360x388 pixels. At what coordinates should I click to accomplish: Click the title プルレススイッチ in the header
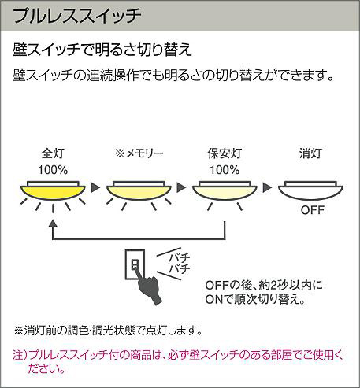tap(77, 16)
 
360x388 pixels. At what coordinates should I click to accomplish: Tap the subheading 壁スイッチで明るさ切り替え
tap(102, 50)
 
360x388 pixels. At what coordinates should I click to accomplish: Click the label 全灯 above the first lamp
tap(53, 153)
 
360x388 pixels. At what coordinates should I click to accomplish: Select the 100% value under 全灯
tap(53, 170)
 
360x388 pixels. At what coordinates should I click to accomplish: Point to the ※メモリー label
tap(139, 153)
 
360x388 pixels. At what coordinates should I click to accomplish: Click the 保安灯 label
tap(225, 153)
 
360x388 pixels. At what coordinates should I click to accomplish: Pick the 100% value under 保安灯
tap(225, 170)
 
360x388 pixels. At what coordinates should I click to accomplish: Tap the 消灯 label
tap(310, 153)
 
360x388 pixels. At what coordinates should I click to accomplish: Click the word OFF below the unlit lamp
tap(313, 210)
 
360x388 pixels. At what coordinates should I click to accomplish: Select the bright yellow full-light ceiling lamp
tap(53, 190)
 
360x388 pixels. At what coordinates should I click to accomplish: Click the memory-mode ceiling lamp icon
tap(139, 190)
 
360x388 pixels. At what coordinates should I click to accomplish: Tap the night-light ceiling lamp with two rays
tap(225, 190)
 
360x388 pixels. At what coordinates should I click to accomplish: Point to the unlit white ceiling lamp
tap(310, 190)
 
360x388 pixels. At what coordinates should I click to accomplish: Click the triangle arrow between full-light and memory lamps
tap(95, 187)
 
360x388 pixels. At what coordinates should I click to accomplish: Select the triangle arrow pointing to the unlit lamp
tap(267, 187)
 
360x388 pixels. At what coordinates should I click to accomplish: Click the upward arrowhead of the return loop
tap(53, 224)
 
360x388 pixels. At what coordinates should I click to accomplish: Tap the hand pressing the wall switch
tap(149, 287)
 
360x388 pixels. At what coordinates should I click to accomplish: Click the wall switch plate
tap(135, 264)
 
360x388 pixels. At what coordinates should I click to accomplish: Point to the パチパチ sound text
tap(180, 264)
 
